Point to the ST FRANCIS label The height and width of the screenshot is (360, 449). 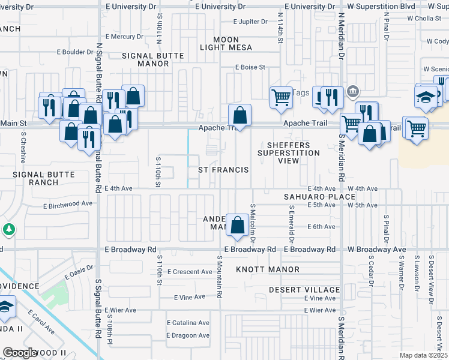pos(223,170)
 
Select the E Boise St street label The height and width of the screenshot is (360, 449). pos(250,67)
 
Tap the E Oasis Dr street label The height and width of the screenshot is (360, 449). pos(78,273)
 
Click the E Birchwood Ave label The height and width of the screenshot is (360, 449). pos(68,204)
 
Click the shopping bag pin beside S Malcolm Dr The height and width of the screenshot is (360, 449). pos(238,226)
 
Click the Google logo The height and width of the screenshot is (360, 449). pos(20,353)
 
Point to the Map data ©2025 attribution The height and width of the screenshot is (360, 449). pos(423,355)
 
